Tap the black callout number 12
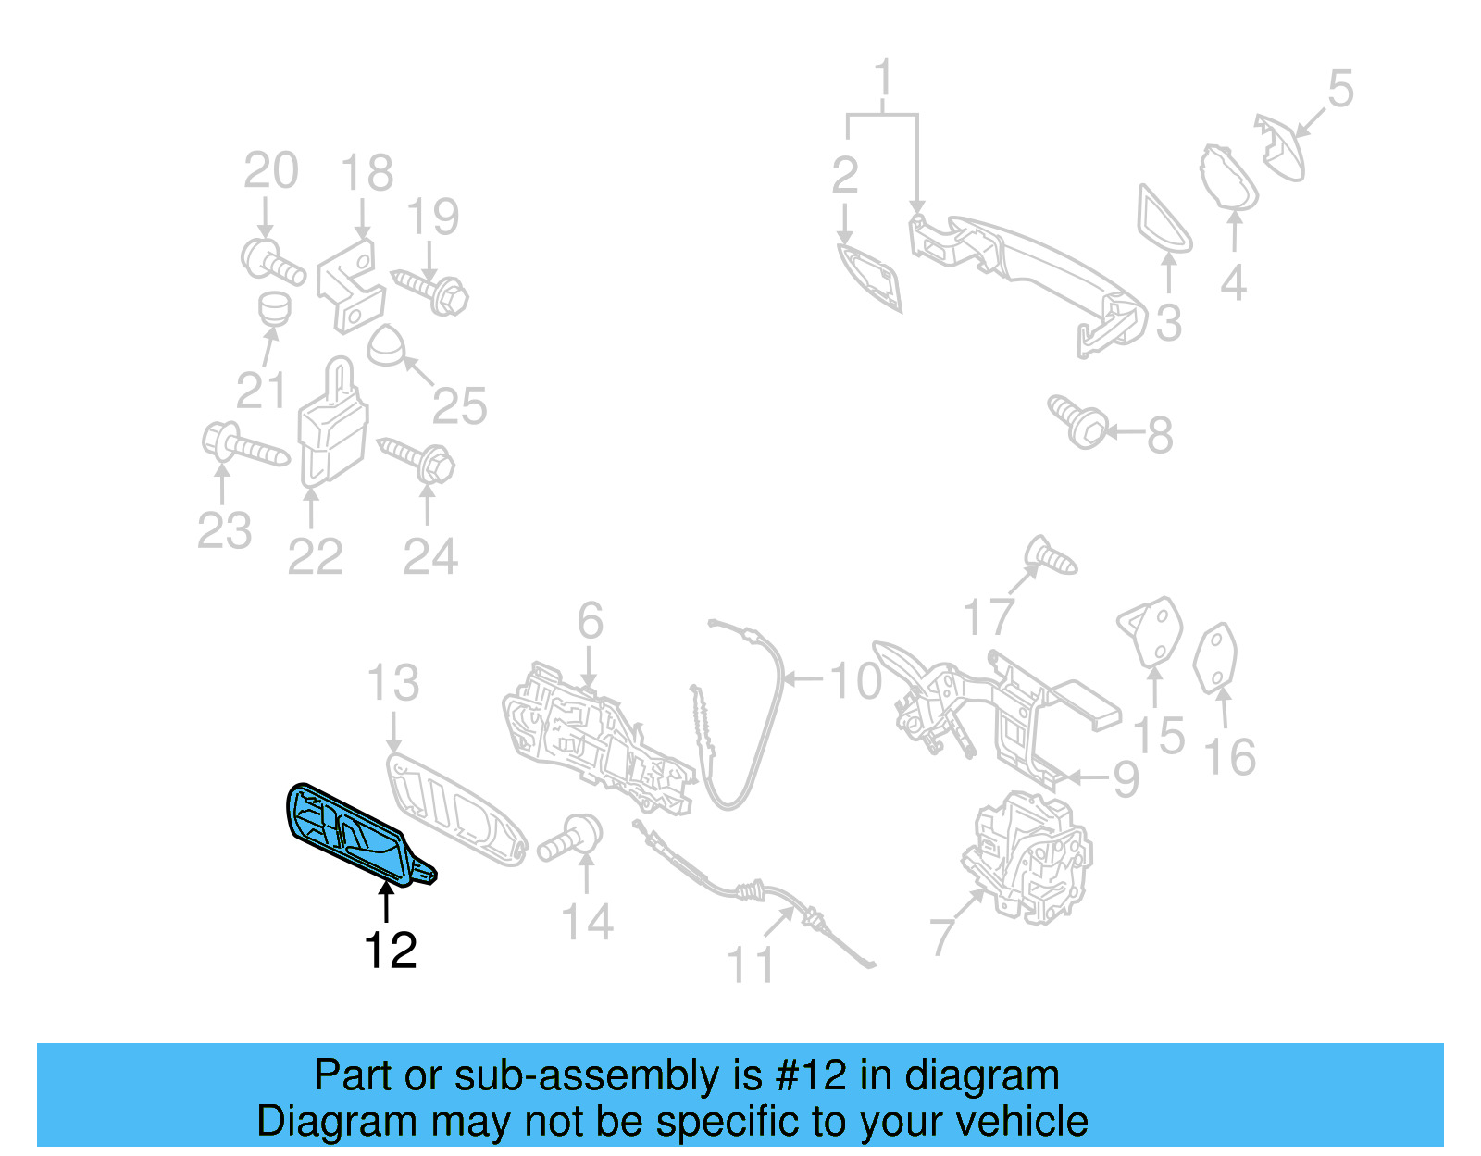[390, 951]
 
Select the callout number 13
[392, 684]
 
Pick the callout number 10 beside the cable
[855, 681]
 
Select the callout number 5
[1339, 90]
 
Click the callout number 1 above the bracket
[883, 78]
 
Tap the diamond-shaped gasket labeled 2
[870, 277]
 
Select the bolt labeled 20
[272, 260]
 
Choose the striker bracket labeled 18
[350, 284]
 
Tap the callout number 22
[315, 557]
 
